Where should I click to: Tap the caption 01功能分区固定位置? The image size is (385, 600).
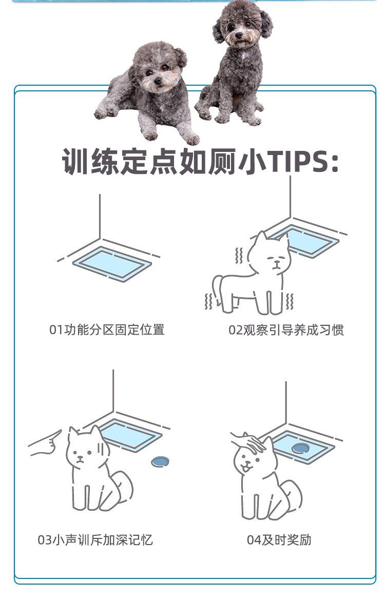point(107,330)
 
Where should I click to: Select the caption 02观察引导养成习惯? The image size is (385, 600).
point(286,330)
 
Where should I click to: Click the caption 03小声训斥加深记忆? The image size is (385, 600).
point(95,540)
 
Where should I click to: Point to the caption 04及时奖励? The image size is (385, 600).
point(279,540)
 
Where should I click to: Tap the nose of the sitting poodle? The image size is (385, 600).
point(239,35)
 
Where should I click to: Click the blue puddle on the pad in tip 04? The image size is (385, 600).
point(300,448)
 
